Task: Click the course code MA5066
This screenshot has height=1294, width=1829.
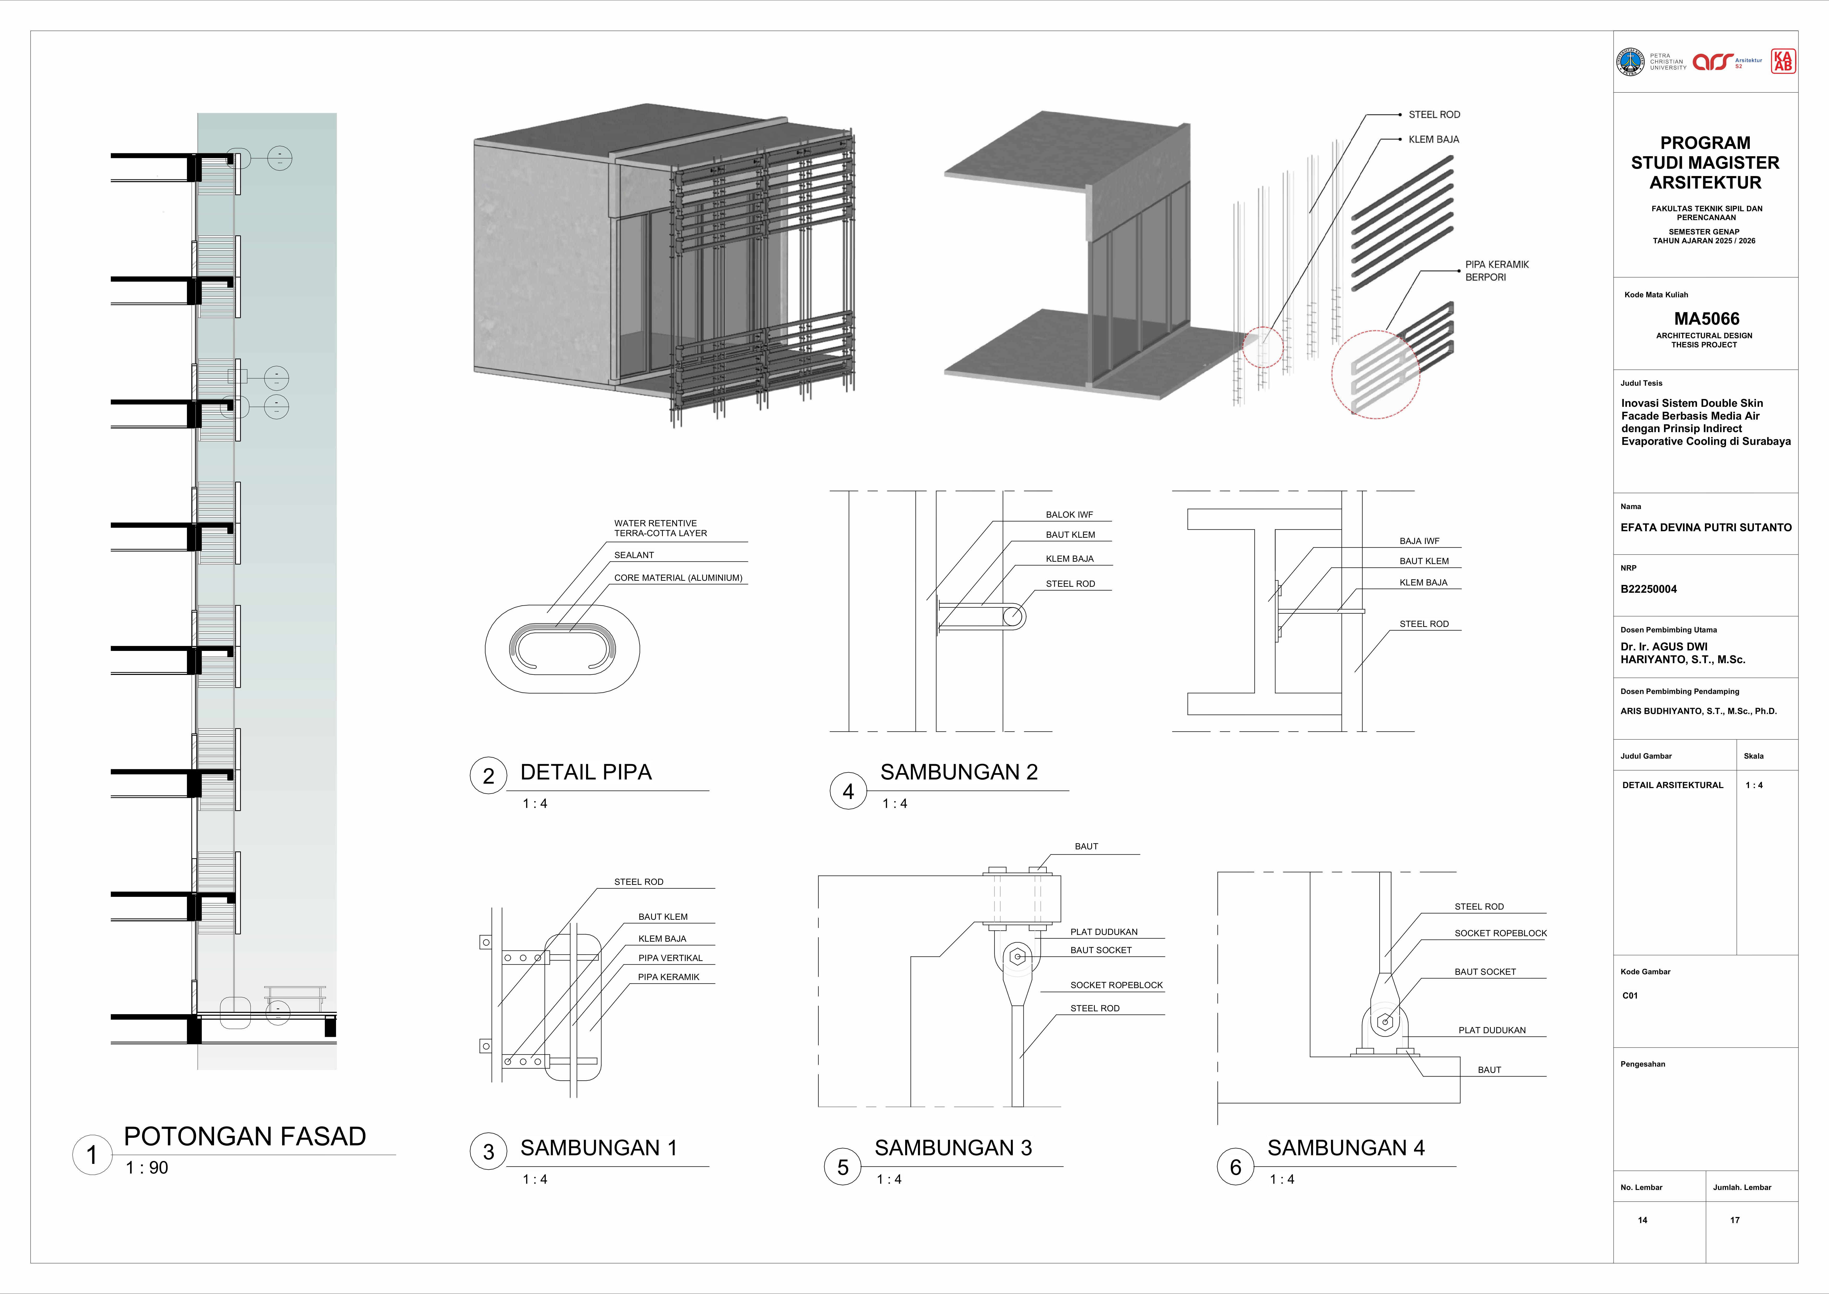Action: click(1706, 319)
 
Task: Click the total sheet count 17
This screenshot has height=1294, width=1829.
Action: click(1735, 1220)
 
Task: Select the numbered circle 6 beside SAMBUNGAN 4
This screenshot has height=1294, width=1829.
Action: click(1235, 1167)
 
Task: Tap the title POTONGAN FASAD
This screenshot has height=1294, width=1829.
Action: click(245, 1136)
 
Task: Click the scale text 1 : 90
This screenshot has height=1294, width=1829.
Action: click(147, 1168)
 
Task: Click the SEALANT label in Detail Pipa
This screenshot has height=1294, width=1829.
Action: click(634, 555)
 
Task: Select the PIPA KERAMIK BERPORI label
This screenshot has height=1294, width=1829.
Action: click(1497, 271)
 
